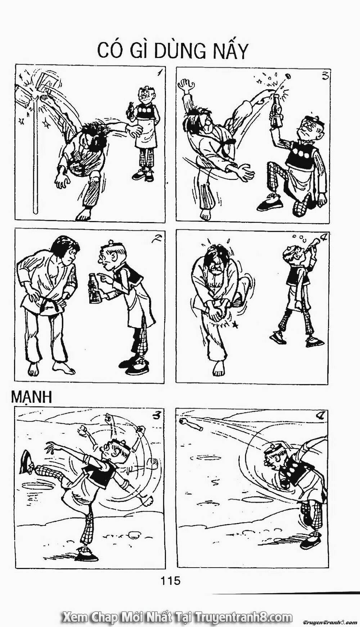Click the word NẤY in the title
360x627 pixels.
[x=230, y=51]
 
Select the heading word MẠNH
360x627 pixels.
[x=32, y=397]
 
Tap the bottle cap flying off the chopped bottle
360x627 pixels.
[x=288, y=77]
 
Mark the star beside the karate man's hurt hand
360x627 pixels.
[x=236, y=325]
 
